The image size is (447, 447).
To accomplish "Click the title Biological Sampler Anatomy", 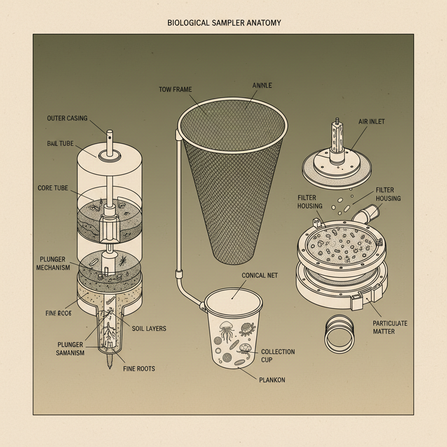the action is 224,23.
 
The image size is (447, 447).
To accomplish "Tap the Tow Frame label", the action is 175,89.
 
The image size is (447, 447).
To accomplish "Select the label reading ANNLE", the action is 262,85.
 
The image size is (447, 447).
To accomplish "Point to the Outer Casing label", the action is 67,118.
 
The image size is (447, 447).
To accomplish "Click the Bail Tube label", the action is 60,143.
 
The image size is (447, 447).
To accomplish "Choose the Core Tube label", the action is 53,188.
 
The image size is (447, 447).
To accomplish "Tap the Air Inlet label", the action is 371,121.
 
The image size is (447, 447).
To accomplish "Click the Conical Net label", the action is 260,275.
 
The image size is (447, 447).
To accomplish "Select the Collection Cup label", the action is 278,356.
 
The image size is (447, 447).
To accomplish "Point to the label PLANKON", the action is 272,380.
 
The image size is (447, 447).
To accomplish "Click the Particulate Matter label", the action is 390,327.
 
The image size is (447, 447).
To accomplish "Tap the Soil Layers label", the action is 149,329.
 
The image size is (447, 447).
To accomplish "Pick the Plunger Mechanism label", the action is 53,263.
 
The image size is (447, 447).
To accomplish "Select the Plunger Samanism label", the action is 70,349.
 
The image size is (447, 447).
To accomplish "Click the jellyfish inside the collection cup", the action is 227,331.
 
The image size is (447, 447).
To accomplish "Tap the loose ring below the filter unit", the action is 340,334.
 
